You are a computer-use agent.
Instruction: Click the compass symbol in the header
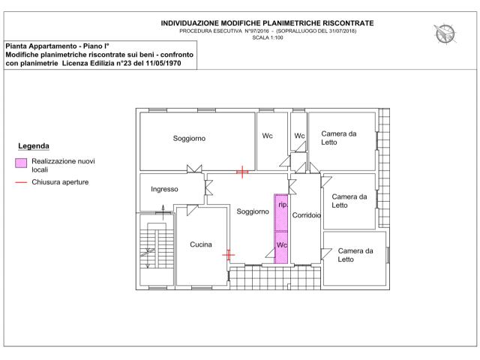445,33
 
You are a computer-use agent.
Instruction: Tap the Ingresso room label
164,189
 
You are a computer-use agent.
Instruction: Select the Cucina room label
201,244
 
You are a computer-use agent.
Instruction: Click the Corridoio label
307,215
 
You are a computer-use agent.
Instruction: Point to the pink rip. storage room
281,212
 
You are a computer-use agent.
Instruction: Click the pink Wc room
281,247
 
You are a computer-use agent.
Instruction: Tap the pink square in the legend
21,163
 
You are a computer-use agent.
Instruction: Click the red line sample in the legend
21,182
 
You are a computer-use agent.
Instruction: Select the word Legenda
34,146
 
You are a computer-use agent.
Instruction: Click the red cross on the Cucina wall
228,255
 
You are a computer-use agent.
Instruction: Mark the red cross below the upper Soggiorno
241,172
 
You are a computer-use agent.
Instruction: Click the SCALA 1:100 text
268,37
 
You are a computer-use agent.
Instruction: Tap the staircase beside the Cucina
157,249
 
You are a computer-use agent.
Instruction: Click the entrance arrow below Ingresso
163,212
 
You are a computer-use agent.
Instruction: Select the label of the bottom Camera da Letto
355,255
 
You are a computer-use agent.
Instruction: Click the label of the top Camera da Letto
338,138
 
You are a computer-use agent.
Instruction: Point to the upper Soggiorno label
189,138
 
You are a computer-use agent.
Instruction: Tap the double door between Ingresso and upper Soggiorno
194,169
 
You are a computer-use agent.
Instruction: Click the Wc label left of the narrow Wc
267,136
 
